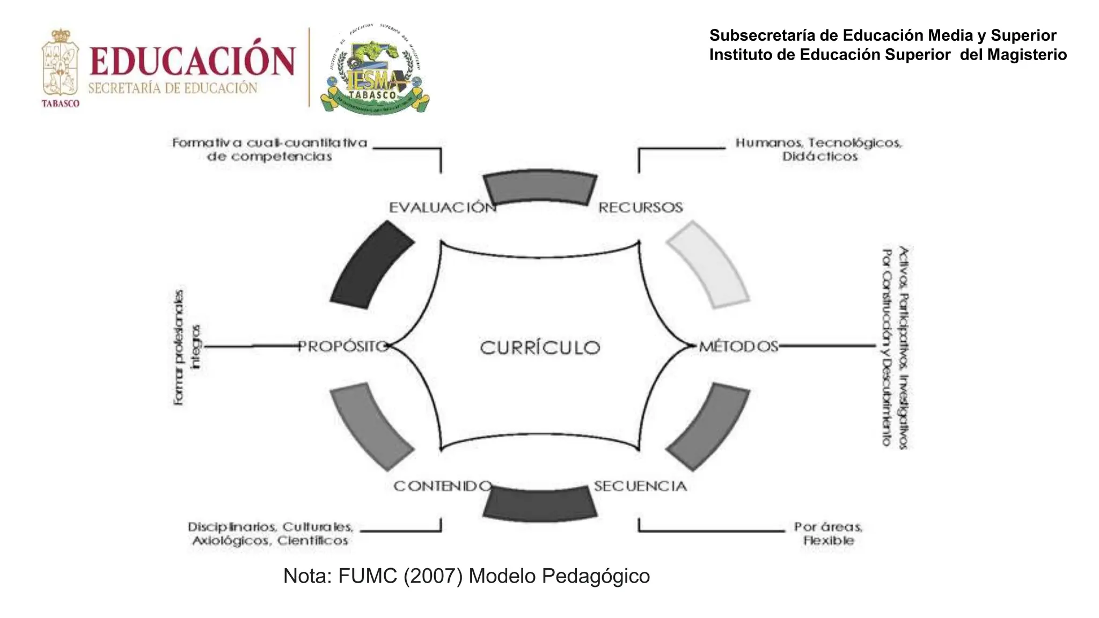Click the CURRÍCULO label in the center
[540, 347]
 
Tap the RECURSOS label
[640, 208]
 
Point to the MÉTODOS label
[738, 347]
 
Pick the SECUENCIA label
[640, 486]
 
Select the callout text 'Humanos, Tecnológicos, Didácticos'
[819, 150]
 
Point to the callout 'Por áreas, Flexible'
[829, 533]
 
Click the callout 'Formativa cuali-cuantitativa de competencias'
[269, 150]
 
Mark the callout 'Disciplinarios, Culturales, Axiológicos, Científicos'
[270, 533]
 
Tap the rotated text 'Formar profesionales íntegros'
[187, 347]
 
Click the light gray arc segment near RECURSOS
[708, 264]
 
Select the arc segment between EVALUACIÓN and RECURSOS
[540, 188]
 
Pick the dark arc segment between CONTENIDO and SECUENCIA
[540, 504]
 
